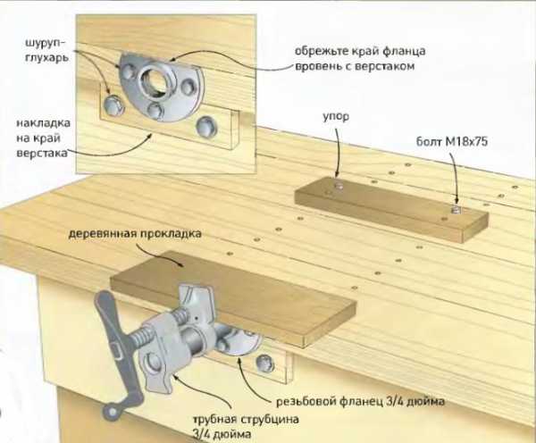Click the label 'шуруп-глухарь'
pos(46,50)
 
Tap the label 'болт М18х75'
pos(451,141)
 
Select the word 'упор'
pos(336,117)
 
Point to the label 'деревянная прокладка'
pos(135,234)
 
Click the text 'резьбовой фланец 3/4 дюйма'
pos(360,401)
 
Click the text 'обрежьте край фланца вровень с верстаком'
pos(360,58)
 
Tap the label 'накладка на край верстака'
pos(43,138)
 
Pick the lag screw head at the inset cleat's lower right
pos(206,126)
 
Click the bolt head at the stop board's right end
pos(455,209)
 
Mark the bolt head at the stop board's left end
pos(339,186)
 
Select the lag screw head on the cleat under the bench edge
pos(264,364)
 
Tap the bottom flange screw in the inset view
pos(155,110)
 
